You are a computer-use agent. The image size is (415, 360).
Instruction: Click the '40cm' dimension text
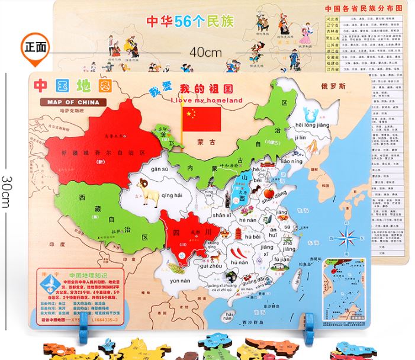point(205,52)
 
